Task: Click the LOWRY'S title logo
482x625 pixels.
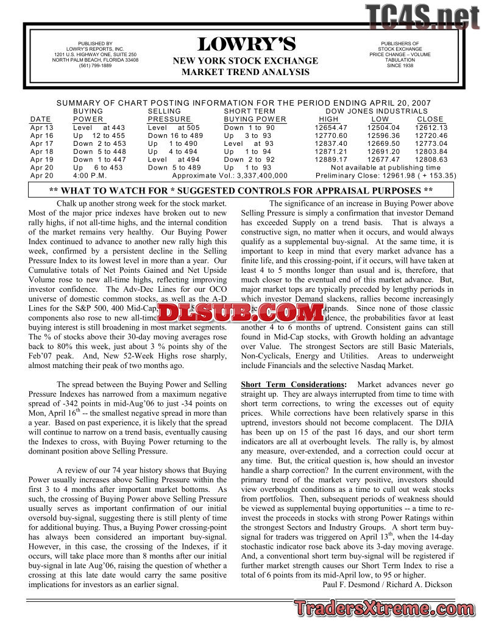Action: pyautogui.click(x=246, y=45)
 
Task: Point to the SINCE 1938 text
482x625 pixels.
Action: pyautogui.click(x=400, y=65)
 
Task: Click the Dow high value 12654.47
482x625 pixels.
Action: pyautogui.click(x=331, y=128)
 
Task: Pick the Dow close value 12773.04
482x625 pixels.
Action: pyautogui.click(x=431, y=143)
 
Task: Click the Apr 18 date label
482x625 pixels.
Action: pyautogui.click(x=41, y=151)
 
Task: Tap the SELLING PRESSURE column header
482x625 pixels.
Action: pyautogui.click(x=169, y=115)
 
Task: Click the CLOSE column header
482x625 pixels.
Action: pyautogui.click(x=430, y=119)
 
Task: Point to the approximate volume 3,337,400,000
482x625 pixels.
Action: pyautogui.click(x=255, y=175)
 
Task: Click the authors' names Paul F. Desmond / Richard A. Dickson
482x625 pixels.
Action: pyautogui.click(x=386, y=584)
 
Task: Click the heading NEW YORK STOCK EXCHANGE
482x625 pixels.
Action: pyautogui.click(x=246, y=60)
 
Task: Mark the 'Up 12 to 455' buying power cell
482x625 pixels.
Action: pyautogui.click(x=99, y=135)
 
